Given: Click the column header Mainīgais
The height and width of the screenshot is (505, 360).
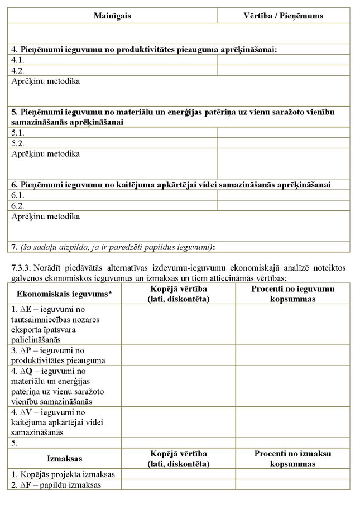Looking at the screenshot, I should click(112, 16).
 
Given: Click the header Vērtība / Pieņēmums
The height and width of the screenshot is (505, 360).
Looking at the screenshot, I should click(283, 16).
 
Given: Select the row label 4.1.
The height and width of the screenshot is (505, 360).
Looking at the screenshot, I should click(18, 59).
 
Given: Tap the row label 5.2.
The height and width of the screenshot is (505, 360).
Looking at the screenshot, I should click(18, 143).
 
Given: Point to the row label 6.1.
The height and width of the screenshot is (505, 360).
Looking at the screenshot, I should click(18, 195).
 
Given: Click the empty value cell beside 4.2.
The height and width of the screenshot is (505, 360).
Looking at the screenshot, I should click(283, 70).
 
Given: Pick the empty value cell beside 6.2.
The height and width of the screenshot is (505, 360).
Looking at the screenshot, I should click(283, 205).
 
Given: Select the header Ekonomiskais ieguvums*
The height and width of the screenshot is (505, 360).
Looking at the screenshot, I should click(64, 294).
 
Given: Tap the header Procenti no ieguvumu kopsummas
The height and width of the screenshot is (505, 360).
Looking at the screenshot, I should click(292, 294).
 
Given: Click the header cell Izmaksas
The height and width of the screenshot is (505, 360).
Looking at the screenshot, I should click(64, 459).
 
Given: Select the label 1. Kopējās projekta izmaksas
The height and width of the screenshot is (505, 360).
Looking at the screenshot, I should click(63, 474).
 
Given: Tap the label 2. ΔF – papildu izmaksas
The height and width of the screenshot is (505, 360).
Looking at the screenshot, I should click(56, 485).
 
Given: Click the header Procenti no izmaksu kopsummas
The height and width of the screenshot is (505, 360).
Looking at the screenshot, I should click(292, 459).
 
